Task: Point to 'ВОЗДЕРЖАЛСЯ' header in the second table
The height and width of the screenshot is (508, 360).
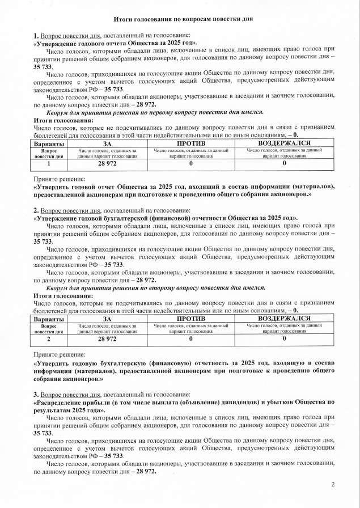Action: click(284, 319)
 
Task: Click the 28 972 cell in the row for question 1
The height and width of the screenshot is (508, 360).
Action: click(107, 163)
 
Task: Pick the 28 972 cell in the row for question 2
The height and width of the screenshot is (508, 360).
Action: click(107, 338)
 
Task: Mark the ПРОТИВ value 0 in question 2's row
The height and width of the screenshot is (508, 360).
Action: click(190, 338)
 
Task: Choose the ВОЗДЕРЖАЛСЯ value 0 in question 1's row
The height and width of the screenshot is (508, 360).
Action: click(284, 163)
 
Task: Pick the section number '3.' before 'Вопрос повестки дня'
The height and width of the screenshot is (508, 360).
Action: click(36, 394)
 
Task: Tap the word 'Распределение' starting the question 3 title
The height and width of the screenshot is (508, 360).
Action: click(63, 401)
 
